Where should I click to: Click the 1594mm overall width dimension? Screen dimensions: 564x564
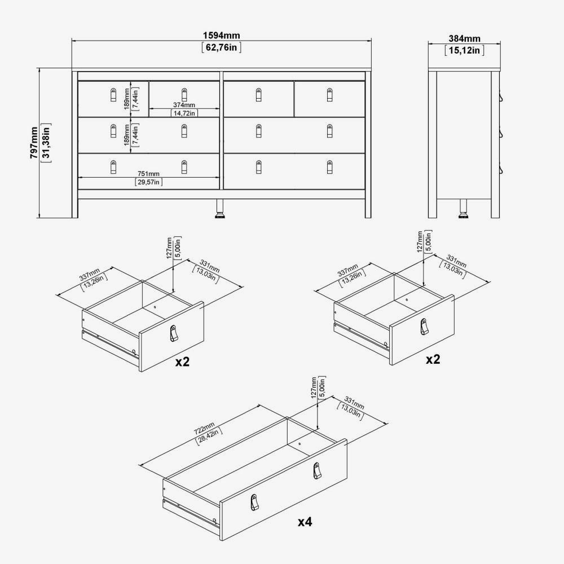(x=221, y=35)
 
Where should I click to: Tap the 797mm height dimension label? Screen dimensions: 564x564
(x=34, y=143)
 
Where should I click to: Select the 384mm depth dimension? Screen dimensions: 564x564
(x=464, y=38)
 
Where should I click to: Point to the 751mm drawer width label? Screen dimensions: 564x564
(x=148, y=174)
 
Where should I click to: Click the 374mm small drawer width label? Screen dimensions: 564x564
(x=184, y=105)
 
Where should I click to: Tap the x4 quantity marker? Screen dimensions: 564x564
(x=305, y=522)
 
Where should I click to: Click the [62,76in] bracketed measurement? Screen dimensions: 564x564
(x=222, y=47)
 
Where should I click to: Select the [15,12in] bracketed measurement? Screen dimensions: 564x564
(x=464, y=50)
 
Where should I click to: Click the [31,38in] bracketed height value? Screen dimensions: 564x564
(x=47, y=143)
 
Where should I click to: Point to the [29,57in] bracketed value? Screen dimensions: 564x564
(x=148, y=182)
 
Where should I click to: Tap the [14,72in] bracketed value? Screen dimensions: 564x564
(x=184, y=113)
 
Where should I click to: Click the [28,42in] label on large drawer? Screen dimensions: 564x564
(x=209, y=437)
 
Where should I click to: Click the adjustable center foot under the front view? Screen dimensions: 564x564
(x=219, y=209)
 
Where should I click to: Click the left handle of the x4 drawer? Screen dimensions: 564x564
(x=255, y=502)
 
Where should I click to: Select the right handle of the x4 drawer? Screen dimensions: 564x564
(x=316, y=471)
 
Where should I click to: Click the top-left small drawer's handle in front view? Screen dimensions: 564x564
(x=113, y=95)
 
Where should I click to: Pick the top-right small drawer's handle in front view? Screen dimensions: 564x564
(x=329, y=95)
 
